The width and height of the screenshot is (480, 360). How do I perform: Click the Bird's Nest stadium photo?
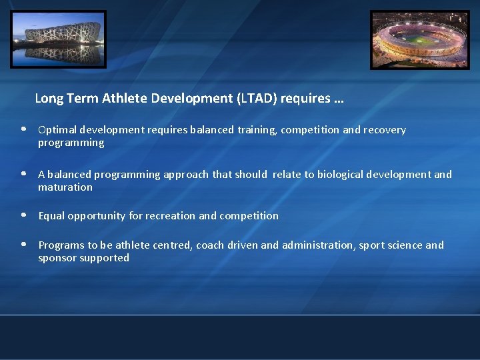coord(58,39)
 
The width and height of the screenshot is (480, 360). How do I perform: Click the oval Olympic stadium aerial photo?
coord(420,40)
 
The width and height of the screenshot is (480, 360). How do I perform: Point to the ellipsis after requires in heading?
coord(338,99)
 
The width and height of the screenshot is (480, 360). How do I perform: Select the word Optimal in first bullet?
coord(56,130)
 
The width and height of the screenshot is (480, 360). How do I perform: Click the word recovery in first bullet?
coord(385,130)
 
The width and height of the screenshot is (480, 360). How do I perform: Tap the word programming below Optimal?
coord(71,143)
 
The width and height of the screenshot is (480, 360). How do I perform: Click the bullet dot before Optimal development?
coord(23,129)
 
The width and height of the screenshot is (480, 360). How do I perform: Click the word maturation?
coord(65,187)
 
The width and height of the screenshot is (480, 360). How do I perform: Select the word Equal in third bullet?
coord(51,216)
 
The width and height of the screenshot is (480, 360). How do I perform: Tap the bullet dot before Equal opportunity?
coord(23,215)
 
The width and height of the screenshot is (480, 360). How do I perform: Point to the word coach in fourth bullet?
coord(211,245)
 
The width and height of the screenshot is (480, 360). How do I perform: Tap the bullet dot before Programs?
coord(23,245)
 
